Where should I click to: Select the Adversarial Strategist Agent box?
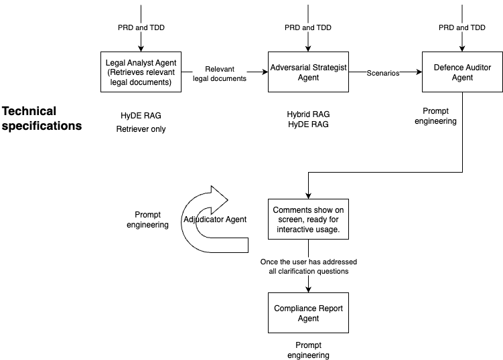[x=308, y=72]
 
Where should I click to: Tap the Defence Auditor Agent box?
[x=462, y=72]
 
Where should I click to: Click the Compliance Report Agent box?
[x=308, y=313]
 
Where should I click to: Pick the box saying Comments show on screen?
[x=308, y=219]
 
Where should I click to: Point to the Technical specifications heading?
[x=42, y=118]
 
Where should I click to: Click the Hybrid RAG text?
[x=308, y=114]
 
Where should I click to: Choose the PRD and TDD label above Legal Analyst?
[x=140, y=27]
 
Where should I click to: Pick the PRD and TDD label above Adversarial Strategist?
[x=308, y=27]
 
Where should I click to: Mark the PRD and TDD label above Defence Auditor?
[x=462, y=27]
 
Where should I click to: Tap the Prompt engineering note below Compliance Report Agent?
[x=308, y=350]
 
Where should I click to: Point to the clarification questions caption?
[x=307, y=266]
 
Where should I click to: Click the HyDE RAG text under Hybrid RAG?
[x=308, y=124]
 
